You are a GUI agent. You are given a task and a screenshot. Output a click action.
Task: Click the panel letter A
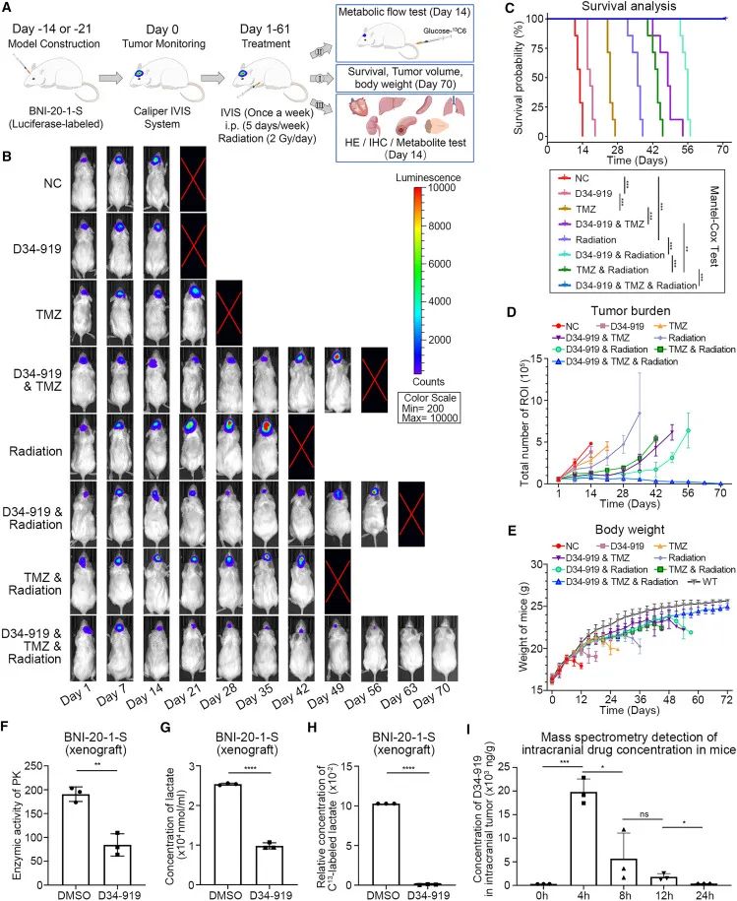(x=9, y=8)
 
